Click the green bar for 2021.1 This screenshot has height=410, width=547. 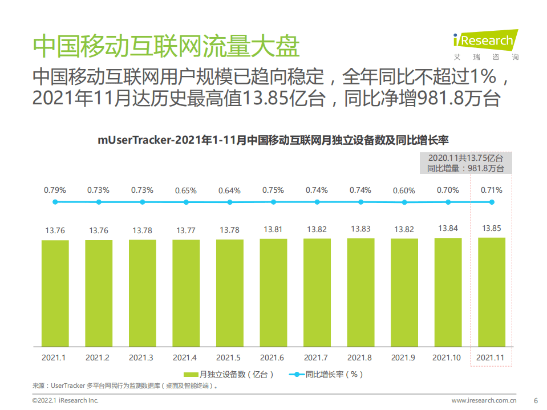pos(55,293)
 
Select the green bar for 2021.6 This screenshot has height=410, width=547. pos(273,292)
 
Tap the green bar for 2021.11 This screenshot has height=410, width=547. pos(492,291)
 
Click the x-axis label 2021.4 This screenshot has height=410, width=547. pos(185,358)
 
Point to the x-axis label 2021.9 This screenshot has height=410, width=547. pos(404,358)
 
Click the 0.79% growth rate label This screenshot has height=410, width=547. pos(55,190)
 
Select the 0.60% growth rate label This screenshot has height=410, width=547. pos(404,190)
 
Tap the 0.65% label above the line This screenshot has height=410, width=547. pos(185,190)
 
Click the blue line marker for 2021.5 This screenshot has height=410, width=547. pos(229,202)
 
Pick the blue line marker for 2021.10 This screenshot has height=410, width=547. pos(448,202)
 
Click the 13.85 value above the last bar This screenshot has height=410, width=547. pos(492,228)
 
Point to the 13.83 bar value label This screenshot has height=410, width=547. pos(360,229)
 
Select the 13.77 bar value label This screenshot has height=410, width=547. pos(185,230)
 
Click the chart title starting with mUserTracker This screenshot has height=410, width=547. pos(273,139)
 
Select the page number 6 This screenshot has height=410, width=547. pos(535,400)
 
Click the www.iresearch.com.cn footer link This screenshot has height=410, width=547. pos(484,400)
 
